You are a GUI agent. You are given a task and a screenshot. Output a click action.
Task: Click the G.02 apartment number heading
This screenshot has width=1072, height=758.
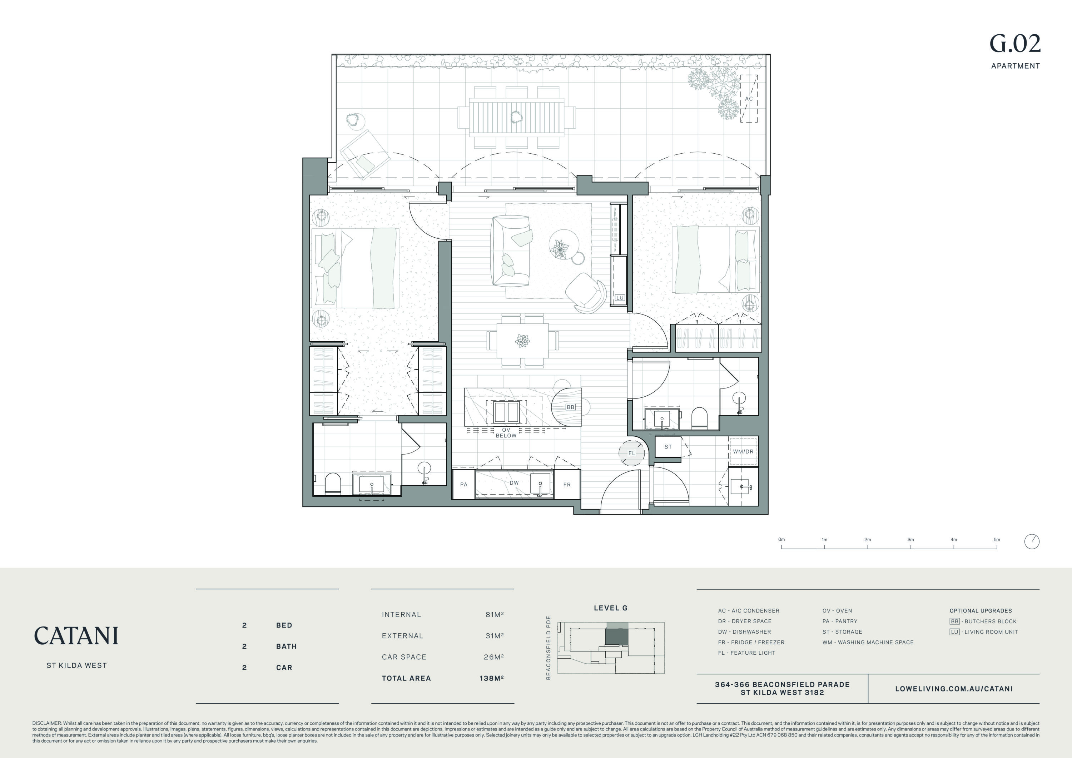point(1015,44)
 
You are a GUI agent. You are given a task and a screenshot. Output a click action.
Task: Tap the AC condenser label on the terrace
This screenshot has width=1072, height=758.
point(749,99)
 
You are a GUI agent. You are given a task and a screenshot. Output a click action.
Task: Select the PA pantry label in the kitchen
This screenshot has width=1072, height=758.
point(463,484)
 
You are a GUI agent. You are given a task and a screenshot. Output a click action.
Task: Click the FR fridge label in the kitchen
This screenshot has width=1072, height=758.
point(567,484)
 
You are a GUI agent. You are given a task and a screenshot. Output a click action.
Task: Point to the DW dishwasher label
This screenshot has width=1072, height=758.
point(514,483)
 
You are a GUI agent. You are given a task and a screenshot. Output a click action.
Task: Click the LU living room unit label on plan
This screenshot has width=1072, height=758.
point(620,297)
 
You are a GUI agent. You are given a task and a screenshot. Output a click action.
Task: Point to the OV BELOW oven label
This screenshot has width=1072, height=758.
point(506,432)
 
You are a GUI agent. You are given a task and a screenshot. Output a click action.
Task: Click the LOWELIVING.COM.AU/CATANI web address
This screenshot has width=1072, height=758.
point(954,688)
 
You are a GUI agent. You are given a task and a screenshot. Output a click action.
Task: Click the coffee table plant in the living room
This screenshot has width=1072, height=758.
point(559,248)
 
